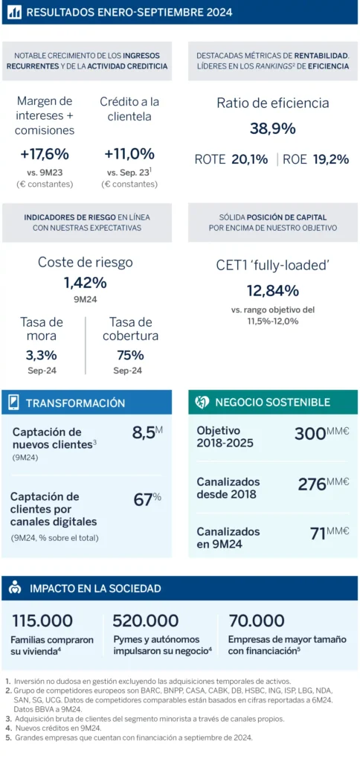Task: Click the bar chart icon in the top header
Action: click(15, 12)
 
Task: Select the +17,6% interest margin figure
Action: click(44, 155)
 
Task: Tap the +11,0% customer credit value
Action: click(129, 155)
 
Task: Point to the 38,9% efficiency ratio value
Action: click(272, 129)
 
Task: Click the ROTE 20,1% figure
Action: click(231, 159)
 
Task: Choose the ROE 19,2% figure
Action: click(316, 159)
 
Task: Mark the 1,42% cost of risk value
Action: click(86, 283)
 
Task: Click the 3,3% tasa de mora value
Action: click(42, 356)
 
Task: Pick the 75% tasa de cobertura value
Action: click(130, 356)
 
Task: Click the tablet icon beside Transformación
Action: click(14, 403)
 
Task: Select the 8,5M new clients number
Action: click(147, 433)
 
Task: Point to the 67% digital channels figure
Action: click(147, 499)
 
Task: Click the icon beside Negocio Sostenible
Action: click(202, 402)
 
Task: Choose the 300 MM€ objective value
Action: click(321, 433)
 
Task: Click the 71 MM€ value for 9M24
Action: click(330, 533)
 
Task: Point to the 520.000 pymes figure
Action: click(146, 621)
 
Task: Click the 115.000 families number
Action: click(42, 621)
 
